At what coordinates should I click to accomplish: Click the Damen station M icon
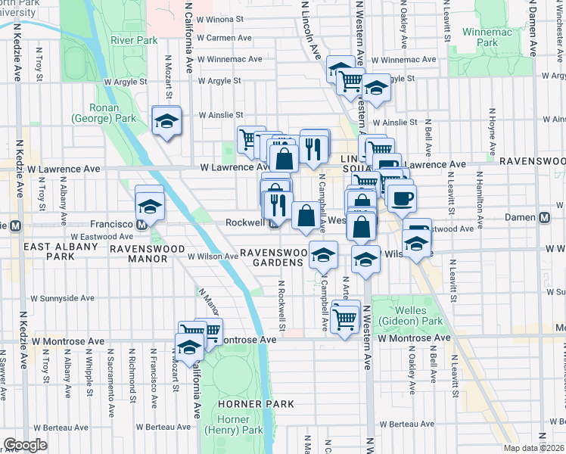[x=544, y=218]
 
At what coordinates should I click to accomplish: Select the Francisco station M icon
[x=141, y=224]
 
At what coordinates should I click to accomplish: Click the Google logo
[x=25, y=445]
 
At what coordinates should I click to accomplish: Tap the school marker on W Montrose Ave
[x=188, y=347]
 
